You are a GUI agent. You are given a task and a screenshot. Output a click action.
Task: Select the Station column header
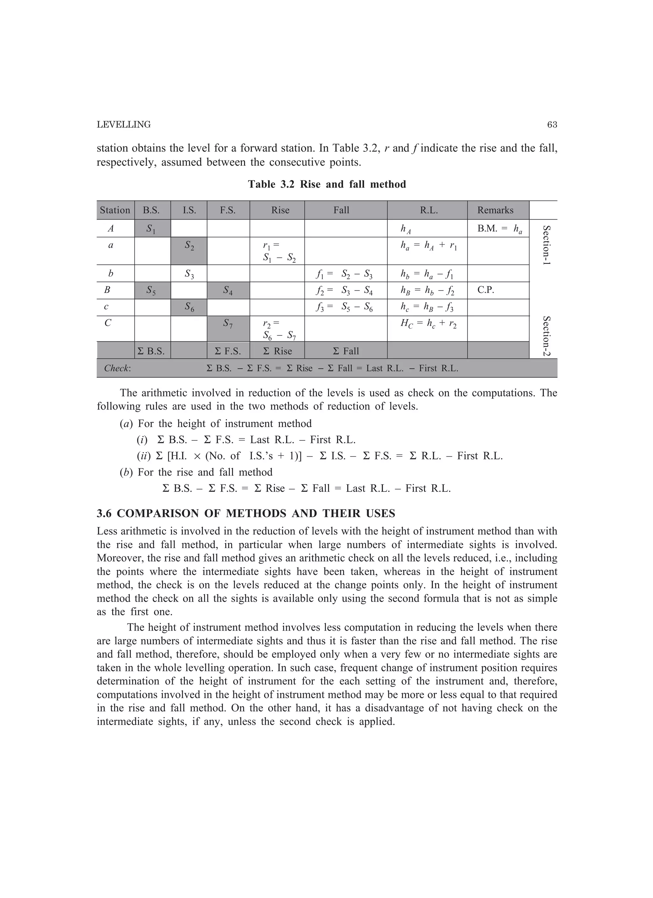pyautogui.click(x=115, y=210)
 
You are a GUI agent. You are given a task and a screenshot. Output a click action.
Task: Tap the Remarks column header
pyautogui.click(x=495, y=210)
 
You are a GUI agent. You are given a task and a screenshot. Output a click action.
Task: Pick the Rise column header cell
pyautogui.click(x=280, y=210)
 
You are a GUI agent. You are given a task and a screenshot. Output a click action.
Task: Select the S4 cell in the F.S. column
pyautogui.click(x=228, y=290)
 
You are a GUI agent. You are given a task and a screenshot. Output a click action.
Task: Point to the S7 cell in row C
pyautogui.click(x=228, y=324)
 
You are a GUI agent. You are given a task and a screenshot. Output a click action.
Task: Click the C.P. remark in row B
pyautogui.click(x=486, y=290)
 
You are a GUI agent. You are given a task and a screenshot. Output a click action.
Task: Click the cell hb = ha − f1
pyautogui.click(x=427, y=274)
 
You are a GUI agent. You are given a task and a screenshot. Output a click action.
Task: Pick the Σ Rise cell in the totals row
pyautogui.click(x=277, y=351)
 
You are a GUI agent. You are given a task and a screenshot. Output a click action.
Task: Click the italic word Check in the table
pyautogui.click(x=117, y=369)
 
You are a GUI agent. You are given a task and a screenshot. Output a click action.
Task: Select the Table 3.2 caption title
pyautogui.click(x=327, y=185)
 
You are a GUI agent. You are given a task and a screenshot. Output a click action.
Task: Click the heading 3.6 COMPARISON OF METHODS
pyautogui.click(x=246, y=514)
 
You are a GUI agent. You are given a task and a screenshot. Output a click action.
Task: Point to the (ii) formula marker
pyautogui.click(x=144, y=456)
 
